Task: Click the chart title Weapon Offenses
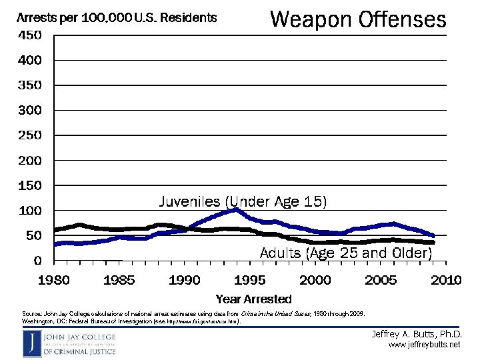[x=357, y=19]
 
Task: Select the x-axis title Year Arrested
[x=253, y=299]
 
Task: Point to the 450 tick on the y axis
[x=29, y=35]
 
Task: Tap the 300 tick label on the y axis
[x=29, y=110]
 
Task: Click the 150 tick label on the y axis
[x=29, y=185]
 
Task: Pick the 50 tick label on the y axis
[x=32, y=235]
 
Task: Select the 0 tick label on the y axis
[x=37, y=261]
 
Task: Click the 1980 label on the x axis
[x=53, y=280]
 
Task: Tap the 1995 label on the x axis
[x=250, y=280]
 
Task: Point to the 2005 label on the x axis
[x=381, y=280]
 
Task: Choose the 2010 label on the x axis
[x=445, y=280]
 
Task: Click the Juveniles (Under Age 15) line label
[x=243, y=201]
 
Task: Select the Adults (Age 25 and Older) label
[x=345, y=253]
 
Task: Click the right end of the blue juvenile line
[x=433, y=235]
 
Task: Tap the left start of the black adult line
[x=55, y=230]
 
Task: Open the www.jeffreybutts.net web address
[x=425, y=345]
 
